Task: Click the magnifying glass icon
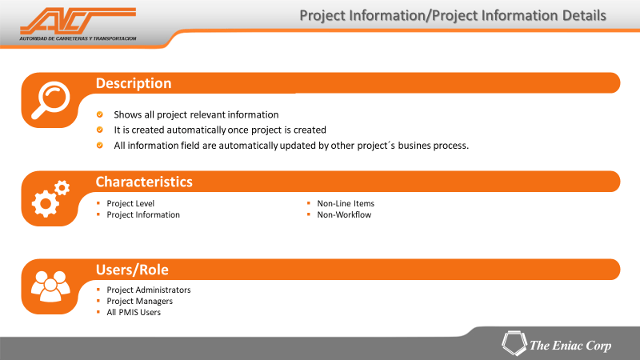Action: click(x=51, y=100)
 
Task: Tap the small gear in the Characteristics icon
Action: click(x=62, y=188)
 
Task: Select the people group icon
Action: click(x=50, y=286)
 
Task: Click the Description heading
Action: click(x=134, y=83)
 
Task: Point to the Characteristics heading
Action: click(x=144, y=182)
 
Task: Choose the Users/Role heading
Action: click(x=132, y=270)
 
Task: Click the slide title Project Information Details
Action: click(x=453, y=15)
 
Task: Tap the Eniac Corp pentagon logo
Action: click(x=514, y=343)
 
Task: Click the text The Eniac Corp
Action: click(x=570, y=346)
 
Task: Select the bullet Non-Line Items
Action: click(x=346, y=203)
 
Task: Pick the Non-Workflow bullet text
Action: click(x=344, y=214)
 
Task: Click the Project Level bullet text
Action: click(x=130, y=203)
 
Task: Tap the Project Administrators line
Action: click(x=149, y=290)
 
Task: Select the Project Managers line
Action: click(x=139, y=302)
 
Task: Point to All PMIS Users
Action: click(x=134, y=312)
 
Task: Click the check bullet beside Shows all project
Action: click(x=99, y=114)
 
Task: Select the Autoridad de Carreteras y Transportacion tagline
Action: click(x=78, y=38)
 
